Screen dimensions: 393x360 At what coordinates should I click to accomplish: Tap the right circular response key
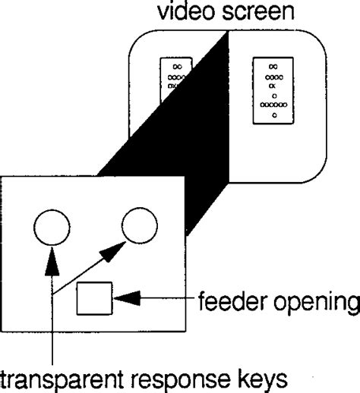141,226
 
